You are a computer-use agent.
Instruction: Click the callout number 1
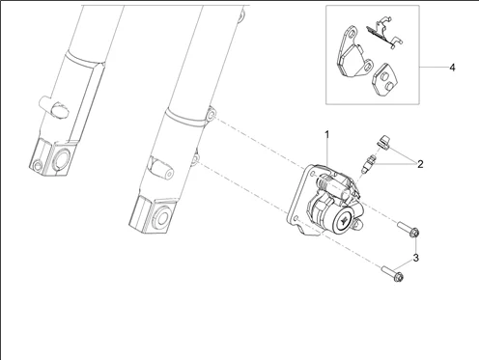[x=327, y=135]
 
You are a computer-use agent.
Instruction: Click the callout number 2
[x=420, y=164]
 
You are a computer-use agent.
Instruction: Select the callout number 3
[x=416, y=258]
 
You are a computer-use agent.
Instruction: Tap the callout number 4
[x=452, y=68]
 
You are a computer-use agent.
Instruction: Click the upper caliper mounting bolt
[x=409, y=230]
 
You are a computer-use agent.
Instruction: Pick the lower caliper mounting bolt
[x=392, y=274]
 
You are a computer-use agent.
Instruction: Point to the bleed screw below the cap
[x=368, y=163]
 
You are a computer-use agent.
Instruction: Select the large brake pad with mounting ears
[x=352, y=54]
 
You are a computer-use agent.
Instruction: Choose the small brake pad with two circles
[x=384, y=79]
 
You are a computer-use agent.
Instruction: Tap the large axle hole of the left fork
[x=61, y=159]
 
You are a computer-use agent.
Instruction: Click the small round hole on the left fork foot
[x=38, y=166]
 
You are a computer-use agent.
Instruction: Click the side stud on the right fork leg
[x=160, y=169]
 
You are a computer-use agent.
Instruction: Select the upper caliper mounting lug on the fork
[x=211, y=115]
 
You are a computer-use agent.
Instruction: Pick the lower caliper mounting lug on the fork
[x=195, y=158]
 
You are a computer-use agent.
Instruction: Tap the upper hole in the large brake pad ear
[x=352, y=34]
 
